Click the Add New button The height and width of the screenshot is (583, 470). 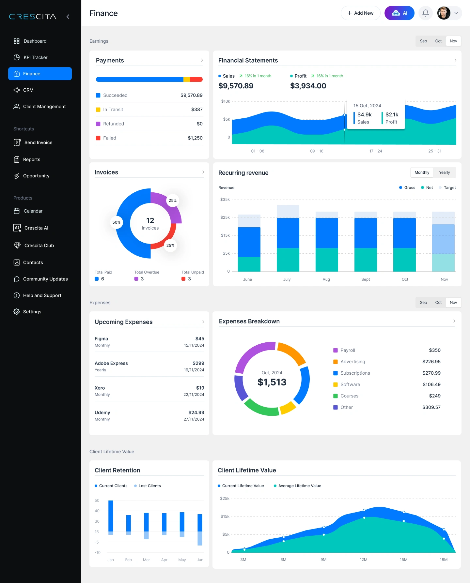[360, 13]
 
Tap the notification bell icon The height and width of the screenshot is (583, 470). [425, 13]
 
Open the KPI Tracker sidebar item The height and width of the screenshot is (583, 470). [35, 57]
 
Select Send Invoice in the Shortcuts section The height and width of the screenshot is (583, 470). [38, 142]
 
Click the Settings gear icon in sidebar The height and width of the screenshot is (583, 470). [17, 312]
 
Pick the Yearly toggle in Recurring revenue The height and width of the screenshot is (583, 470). [444, 172]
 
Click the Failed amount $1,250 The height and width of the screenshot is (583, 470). [195, 138]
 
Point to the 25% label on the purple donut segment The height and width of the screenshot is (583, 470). [173, 201]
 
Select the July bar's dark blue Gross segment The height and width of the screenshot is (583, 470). [288, 233]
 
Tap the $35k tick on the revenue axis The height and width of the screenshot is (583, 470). [225, 200]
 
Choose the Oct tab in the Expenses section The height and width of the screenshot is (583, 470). [438, 303]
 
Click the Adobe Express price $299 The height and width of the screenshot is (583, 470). [198, 363]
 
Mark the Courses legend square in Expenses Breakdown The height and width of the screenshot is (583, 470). [335, 396]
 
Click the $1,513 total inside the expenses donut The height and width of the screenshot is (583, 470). [272, 382]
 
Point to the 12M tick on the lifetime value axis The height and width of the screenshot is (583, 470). [363, 560]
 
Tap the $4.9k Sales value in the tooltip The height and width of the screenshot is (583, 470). [364, 114]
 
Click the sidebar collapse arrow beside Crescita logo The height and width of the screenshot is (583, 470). [68, 17]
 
